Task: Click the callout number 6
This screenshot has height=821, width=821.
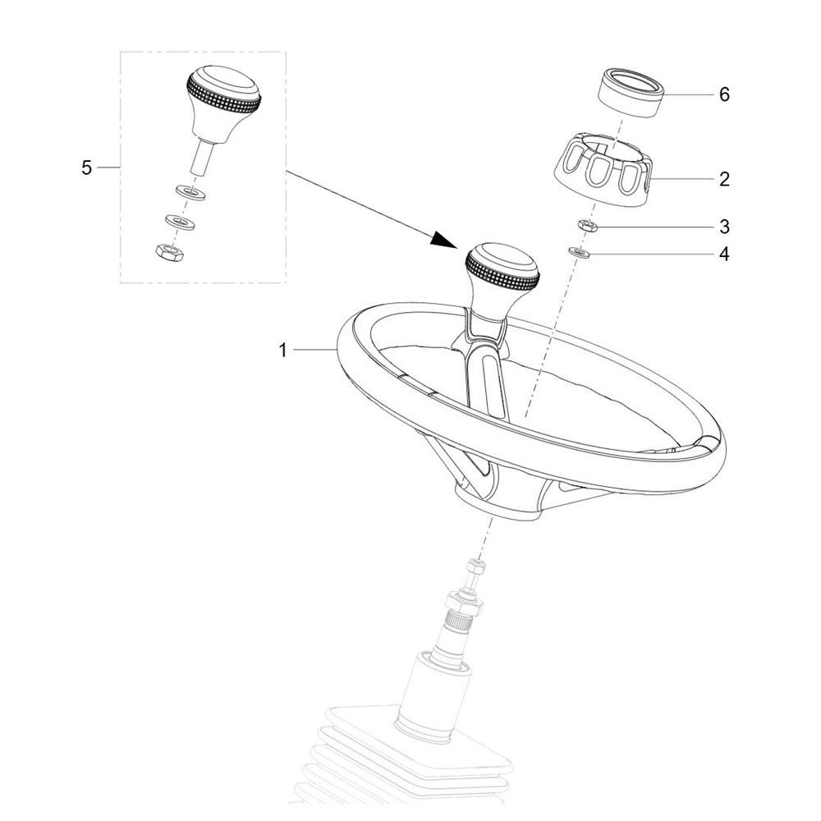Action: click(724, 94)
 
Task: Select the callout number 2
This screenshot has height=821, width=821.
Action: click(724, 179)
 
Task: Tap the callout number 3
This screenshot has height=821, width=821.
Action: click(724, 227)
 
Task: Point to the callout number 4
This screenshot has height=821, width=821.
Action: click(724, 254)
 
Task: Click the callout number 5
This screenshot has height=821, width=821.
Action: click(86, 168)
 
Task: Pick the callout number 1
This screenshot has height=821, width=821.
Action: click(282, 351)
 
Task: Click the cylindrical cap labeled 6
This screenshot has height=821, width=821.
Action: click(631, 92)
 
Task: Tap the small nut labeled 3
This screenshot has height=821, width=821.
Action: click(588, 226)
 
